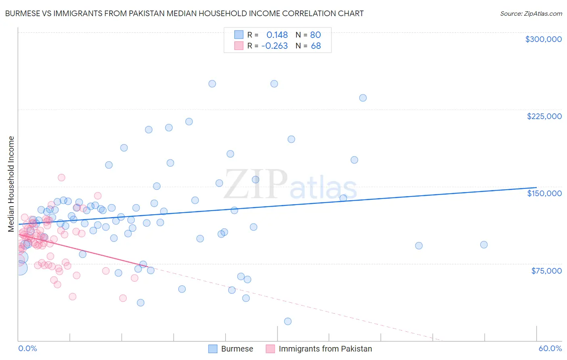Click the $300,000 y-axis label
543,39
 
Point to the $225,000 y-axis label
544,116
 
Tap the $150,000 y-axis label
544,193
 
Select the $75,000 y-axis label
546,271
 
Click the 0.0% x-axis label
27,348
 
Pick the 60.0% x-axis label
550,348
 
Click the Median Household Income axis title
11,184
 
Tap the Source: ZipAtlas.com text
531,13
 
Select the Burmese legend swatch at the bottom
213,349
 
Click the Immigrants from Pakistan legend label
325,349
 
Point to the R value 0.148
277,35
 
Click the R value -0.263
274,46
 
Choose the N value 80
315,35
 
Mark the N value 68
316,46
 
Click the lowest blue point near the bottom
288,321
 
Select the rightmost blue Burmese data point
484,245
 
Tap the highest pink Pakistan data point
61,178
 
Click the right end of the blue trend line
536,188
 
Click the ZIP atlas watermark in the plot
290,185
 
